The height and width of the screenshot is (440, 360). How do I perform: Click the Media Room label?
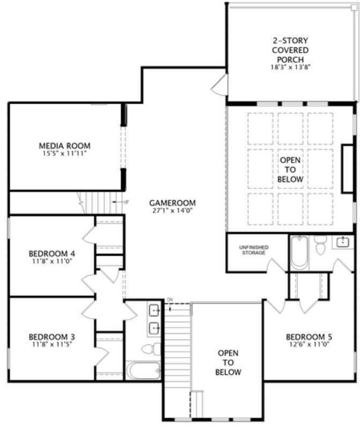64,146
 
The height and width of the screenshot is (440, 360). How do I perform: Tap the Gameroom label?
172,203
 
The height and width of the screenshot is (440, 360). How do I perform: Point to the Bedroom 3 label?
52,337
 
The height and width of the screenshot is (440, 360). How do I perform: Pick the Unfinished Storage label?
253,250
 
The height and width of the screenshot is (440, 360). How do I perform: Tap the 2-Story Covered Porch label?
290,50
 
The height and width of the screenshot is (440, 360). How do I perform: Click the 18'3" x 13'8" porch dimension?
290,68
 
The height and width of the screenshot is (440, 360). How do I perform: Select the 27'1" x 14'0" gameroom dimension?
172,211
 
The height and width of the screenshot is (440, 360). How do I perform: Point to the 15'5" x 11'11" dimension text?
64,154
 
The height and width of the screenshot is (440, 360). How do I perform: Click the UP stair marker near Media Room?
127,202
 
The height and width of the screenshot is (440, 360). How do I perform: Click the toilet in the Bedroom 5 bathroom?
320,248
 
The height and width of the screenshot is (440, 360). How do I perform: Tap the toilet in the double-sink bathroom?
151,349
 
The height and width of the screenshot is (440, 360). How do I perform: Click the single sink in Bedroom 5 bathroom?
342,242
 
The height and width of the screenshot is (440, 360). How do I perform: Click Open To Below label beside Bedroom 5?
228,363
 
